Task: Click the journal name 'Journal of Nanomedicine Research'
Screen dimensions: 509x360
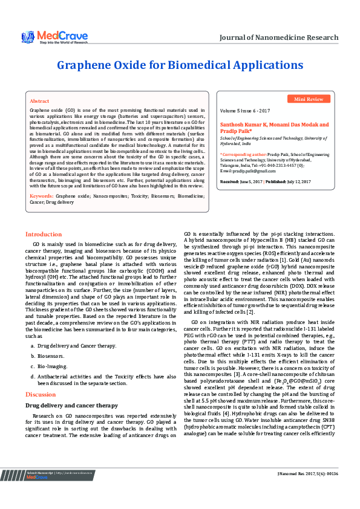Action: click(278, 37)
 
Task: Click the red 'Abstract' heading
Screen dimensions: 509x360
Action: click(39, 101)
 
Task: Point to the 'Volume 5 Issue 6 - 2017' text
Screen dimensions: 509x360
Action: click(245, 112)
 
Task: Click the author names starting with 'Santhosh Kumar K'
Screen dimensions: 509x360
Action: click(273, 128)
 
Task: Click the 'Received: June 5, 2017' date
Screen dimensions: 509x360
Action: click(240, 181)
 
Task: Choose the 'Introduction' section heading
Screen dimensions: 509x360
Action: click(43, 234)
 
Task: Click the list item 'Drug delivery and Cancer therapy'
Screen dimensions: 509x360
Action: click(77, 345)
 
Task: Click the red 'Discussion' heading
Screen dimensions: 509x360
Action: click(40, 394)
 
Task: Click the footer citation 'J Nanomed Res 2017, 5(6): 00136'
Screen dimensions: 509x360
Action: click(308, 490)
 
